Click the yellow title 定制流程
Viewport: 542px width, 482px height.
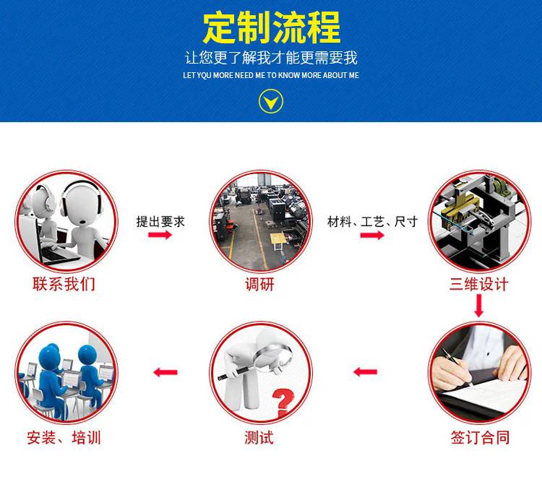[271, 27]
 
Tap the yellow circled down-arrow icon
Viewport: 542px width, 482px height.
[271, 101]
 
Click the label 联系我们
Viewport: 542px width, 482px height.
[64, 284]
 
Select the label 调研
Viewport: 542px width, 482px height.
[259, 285]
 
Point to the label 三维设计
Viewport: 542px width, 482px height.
[478, 284]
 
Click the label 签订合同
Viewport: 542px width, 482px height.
[480, 437]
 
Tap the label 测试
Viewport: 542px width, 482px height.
[259, 437]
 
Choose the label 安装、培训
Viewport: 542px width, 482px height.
[64, 438]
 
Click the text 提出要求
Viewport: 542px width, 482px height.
[160, 222]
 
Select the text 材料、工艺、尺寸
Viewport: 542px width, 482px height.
[373, 222]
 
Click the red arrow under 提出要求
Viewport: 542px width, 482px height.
[160, 235]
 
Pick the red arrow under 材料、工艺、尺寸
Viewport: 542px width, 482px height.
[372, 235]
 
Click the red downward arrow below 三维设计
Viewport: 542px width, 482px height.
[478, 306]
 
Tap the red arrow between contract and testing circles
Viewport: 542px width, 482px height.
[366, 372]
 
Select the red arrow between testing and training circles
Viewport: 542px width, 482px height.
[165, 372]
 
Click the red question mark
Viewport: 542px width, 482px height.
[283, 402]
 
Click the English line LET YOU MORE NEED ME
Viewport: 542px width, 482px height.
[271, 75]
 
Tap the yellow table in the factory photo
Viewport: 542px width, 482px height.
[278, 239]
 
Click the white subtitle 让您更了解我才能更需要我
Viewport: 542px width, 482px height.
[271, 57]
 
